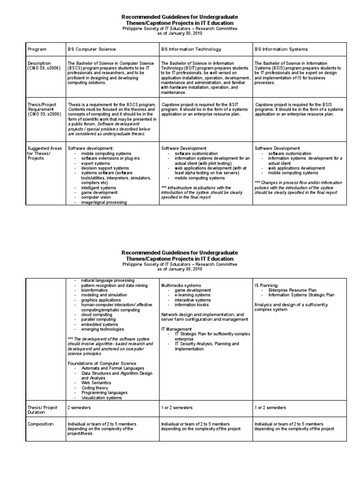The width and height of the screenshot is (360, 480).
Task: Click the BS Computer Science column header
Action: (x=91, y=49)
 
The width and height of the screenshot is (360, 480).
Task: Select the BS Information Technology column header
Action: (x=185, y=49)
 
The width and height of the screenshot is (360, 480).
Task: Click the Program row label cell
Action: (x=37, y=49)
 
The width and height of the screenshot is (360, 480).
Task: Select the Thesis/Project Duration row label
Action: (x=43, y=410)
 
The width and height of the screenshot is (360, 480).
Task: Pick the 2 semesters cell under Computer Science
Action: (x=79, y=408)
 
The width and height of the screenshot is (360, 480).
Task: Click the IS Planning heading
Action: (x=266, y=285)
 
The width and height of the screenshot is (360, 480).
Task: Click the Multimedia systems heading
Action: (x=181, y=285)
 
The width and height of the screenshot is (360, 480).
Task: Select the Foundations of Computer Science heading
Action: (x=102, y=363)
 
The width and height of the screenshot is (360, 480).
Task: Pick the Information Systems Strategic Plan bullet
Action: (x=301, y=295)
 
